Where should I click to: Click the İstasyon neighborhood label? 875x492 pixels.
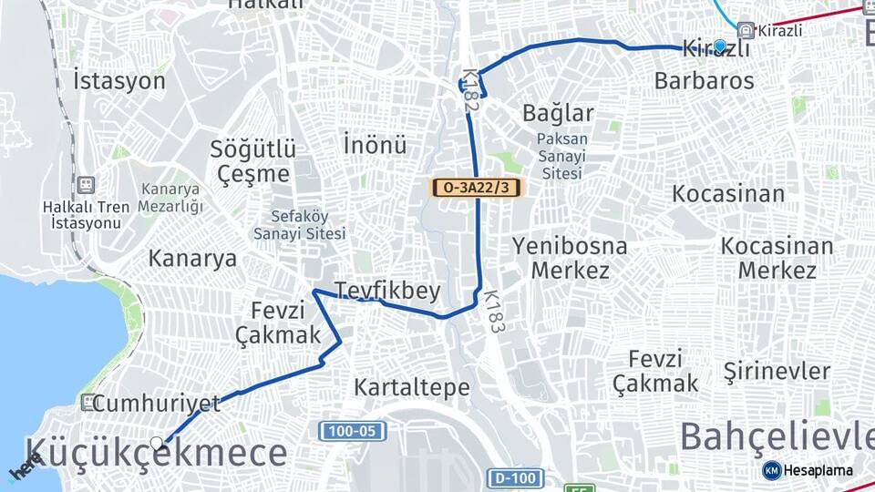(x=119, y=80)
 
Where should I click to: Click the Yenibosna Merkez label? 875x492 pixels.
(x=570, y=258)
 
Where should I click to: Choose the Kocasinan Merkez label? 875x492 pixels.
(x=777, y=258)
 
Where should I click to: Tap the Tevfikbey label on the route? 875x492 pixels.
(x=387, y=291)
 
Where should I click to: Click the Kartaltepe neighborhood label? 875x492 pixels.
(x=412, y=386)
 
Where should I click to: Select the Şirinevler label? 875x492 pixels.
(x=777, y=371)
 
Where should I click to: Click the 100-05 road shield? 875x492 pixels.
(x=353, y=430)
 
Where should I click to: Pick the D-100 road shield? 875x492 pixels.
(x=515, y=477)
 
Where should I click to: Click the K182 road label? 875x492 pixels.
(x=470, y=91)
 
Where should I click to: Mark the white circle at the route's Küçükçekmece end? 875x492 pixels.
(x=158, y=444)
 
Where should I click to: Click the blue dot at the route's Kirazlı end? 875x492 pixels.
(x=720, y=45)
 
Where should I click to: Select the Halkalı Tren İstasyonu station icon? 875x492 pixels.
(x=86, y=185)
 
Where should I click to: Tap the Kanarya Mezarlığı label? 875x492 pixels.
(x=170, y=198)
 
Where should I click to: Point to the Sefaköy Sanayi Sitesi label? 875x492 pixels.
(x=300, y=225)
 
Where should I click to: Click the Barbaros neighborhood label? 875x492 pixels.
(x=704, y=80)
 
